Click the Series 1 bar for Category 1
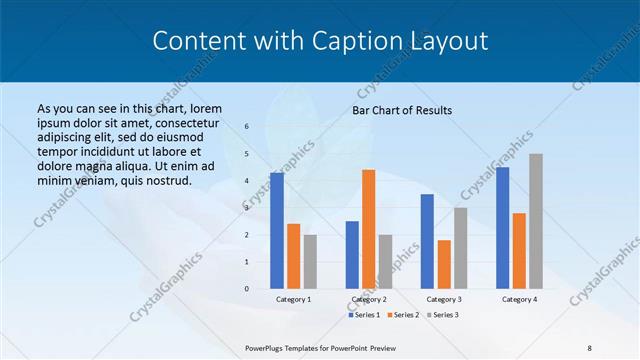click(277, 231)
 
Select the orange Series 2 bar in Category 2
click(368, 229)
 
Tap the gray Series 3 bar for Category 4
click(536, 221)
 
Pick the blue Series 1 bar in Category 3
click(427, 241)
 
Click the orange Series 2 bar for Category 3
click(444, 264)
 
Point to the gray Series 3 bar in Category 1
click(310, 262)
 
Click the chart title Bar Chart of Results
click(402, 110)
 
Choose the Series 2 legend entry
click(402, 315)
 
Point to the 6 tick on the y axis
click(247, 127)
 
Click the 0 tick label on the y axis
click(247, 289)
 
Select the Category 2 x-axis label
click(368, 299)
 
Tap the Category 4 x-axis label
click(519, 299)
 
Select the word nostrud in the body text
click(166, 180)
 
